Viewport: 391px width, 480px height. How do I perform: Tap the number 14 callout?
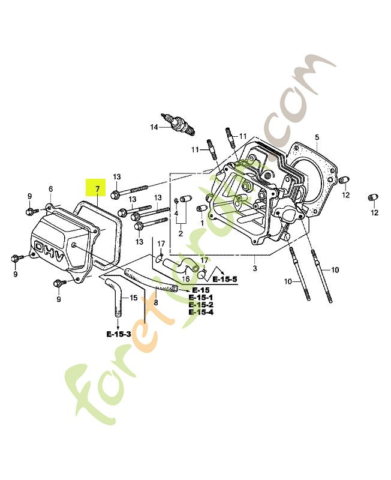pos(154,127)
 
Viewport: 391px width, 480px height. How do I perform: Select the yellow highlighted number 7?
pos(95,189)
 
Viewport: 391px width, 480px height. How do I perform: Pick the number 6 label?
pos(50,189)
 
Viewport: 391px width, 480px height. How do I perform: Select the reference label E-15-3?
pos(119,334)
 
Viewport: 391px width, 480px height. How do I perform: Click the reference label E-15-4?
pos(201,312)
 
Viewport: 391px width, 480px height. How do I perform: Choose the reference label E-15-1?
pos(201,298)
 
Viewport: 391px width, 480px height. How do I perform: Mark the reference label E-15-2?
pos(201,305)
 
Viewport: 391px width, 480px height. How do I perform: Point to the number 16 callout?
pos(185,279)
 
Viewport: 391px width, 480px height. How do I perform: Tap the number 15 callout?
pos(133,298)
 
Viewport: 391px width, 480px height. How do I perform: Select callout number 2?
pos(180,233)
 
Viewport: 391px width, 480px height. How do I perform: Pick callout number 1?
pos(202,223)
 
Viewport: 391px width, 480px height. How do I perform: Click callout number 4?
pos(176,214)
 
